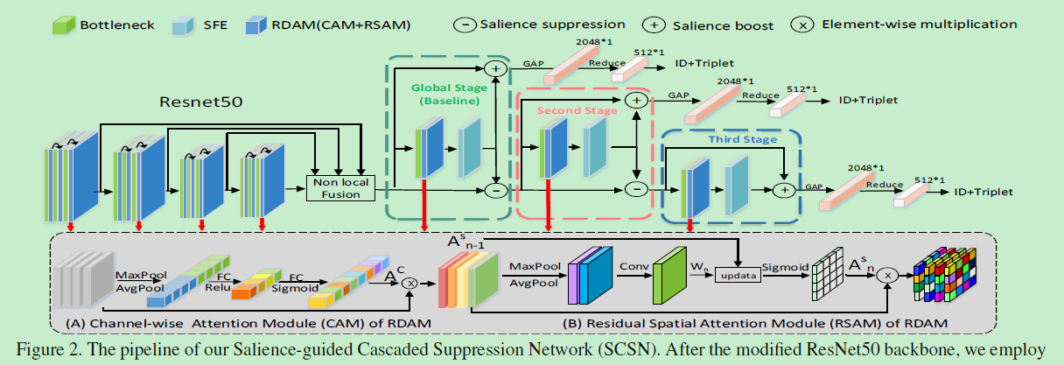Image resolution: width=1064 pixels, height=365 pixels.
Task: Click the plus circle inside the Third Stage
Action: [784, 188]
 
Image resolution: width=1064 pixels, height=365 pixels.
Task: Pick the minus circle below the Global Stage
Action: [495, 188]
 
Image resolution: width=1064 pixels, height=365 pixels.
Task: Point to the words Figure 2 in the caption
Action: [44, 352]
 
